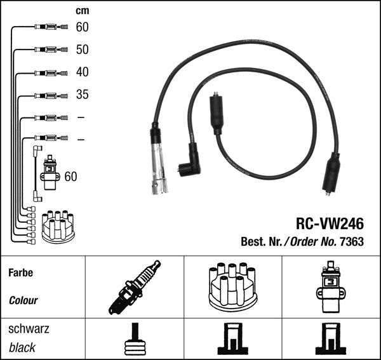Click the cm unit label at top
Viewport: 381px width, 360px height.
point(82,11)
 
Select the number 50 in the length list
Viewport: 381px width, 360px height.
point(82,50)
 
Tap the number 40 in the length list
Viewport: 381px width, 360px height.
point(82,72)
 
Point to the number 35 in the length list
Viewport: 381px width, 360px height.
point(82,95)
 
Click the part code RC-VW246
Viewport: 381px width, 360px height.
point(330,224)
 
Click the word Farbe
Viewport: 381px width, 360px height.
point(20,272)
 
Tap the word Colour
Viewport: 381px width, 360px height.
point(23,300)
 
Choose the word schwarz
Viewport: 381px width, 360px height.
point(29,329)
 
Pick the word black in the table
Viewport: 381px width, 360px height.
point(22,347)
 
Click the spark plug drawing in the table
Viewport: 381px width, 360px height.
point(135,287)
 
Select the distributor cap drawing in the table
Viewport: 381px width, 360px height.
point(232,286)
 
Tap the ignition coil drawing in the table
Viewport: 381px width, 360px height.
point(330,287)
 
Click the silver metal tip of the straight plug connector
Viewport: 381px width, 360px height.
point(159,184)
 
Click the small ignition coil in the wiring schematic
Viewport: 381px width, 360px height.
point(49,173)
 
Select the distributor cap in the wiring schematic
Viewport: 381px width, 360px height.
point(58,226)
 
